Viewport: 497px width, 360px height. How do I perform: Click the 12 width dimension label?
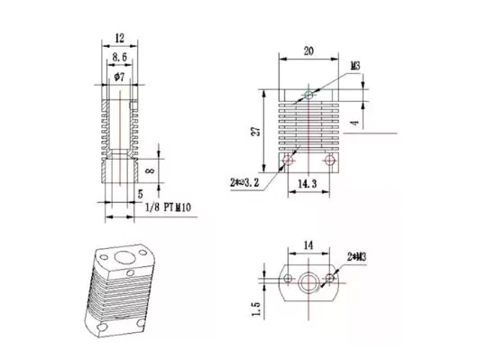[120, 39]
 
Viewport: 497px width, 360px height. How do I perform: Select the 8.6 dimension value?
[119, 58]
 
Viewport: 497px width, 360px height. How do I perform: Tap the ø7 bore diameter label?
[119, 77]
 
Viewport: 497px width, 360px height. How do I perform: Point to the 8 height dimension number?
[151, 171]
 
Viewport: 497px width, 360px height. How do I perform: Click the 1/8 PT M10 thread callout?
[168, 208]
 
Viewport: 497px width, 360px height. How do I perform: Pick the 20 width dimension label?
[308, 51]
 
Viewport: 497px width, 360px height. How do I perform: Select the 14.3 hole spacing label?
[308, 184]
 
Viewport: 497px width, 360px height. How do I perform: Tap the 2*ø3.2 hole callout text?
[244, 182]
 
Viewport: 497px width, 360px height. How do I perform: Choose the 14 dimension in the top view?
[308, 245]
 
